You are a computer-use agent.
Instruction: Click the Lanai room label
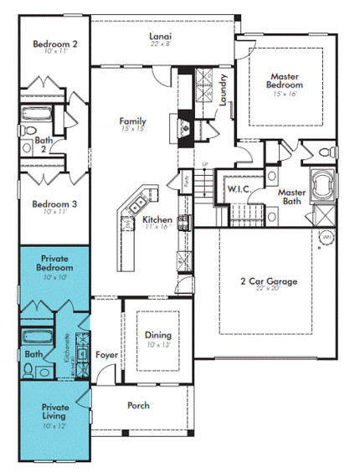pyautogui.click(x=161, y=37)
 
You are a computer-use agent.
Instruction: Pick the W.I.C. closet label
pyautogui.click(x=238, y=190)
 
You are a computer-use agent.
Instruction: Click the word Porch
pyautogui.click(x=138, y=406)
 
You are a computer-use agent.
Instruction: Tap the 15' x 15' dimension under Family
pyautogui.click(x=132, y=130)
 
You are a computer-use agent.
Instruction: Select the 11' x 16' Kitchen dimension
pyautogui.click(x=157, y=227)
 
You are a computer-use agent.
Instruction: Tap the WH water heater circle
pyautogui.click(x=327, y=238)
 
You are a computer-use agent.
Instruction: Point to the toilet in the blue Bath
pyautogui.click(x=27, y=373)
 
